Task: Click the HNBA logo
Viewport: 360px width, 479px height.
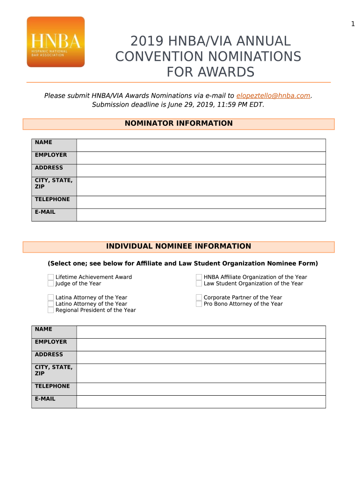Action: pyautogui.click(x=56, y=42)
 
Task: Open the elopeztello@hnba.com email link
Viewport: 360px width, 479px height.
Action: pyautogui.click(x=273, y=95)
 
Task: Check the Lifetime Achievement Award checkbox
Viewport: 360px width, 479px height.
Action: pyautogui.click(x=50, y=277)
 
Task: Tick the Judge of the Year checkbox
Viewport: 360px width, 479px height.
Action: pyautogui.click(x=50, y=283)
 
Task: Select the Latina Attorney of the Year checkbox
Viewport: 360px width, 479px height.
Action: pyautogui.click(x=50, y=298)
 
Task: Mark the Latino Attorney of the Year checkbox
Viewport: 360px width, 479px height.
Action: pyautogui.click(x=50, y=304)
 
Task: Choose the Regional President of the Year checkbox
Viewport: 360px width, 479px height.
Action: pyautogui.click(x=50, y=310)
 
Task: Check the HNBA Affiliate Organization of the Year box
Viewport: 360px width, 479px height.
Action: pyautogui.click(x=199, y=277)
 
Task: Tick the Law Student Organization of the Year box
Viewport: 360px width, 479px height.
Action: pyautogui.click(x=199, y=283)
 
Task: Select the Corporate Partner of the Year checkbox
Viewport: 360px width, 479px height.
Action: pyautogui.click(x=199, y=298)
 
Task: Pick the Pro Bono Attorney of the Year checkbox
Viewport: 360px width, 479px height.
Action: pyautogui.click(x=199, y=304)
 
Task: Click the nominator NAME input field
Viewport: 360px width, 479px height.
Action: pyautogui.click(x=201, y=145)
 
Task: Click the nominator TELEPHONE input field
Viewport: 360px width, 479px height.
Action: pyautogui.click(x=201, y=202)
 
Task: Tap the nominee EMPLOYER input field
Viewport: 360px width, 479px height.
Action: pyautogui.click(x=201, y=345)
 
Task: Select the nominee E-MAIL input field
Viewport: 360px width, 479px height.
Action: pyautogui.click(x=201, y=402)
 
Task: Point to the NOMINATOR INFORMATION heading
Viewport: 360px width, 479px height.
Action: pyautogui.click(x=178, y=123)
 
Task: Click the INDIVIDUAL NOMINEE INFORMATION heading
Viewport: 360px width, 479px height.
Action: pyautogui.click(x=178, y=247)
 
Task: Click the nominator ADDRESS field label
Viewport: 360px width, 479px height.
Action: pyautogui.click(x=49, y=167)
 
